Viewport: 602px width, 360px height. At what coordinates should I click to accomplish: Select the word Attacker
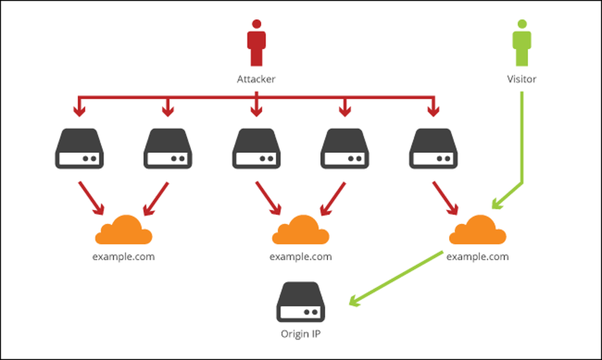[x=256, y=79]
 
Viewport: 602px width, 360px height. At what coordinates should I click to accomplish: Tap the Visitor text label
[x=521, y=79]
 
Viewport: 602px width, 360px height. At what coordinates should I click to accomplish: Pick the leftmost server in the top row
[x=78, y=149]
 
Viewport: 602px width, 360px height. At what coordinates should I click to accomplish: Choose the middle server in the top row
[x=256, y=149]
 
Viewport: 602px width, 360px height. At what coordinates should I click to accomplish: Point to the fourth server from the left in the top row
[x=344, y=149]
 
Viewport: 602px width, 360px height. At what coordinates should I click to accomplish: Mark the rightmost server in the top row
[x=432, y=149]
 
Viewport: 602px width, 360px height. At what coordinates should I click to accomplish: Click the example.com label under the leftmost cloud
[x=123, y=256]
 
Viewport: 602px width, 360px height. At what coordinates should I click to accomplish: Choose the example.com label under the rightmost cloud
[x=477, y=256]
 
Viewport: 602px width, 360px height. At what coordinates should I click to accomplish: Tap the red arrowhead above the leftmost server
[x=78, y=111]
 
